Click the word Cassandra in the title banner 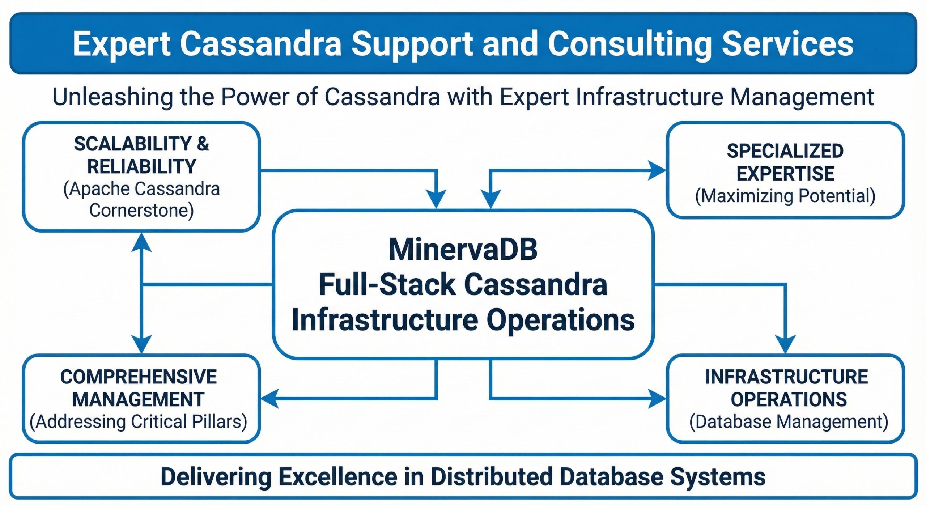click(260, 44)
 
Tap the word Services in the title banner click(787, 44)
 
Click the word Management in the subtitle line click(802, 97)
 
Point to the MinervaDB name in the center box click(463, 250)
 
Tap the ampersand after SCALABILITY click(203, 144)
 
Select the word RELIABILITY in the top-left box click(141, 167)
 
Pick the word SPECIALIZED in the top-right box click(785, 151)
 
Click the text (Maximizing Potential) click(785, 196)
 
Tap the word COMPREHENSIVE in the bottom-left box click(139, 377)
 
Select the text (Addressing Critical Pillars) click(139, 422)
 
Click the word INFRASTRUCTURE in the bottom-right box click(786, 377)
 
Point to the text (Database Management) click(789, 422)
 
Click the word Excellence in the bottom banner click(338, 477)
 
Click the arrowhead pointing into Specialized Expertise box click(657, 170)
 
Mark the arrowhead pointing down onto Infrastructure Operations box click(785, 344)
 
